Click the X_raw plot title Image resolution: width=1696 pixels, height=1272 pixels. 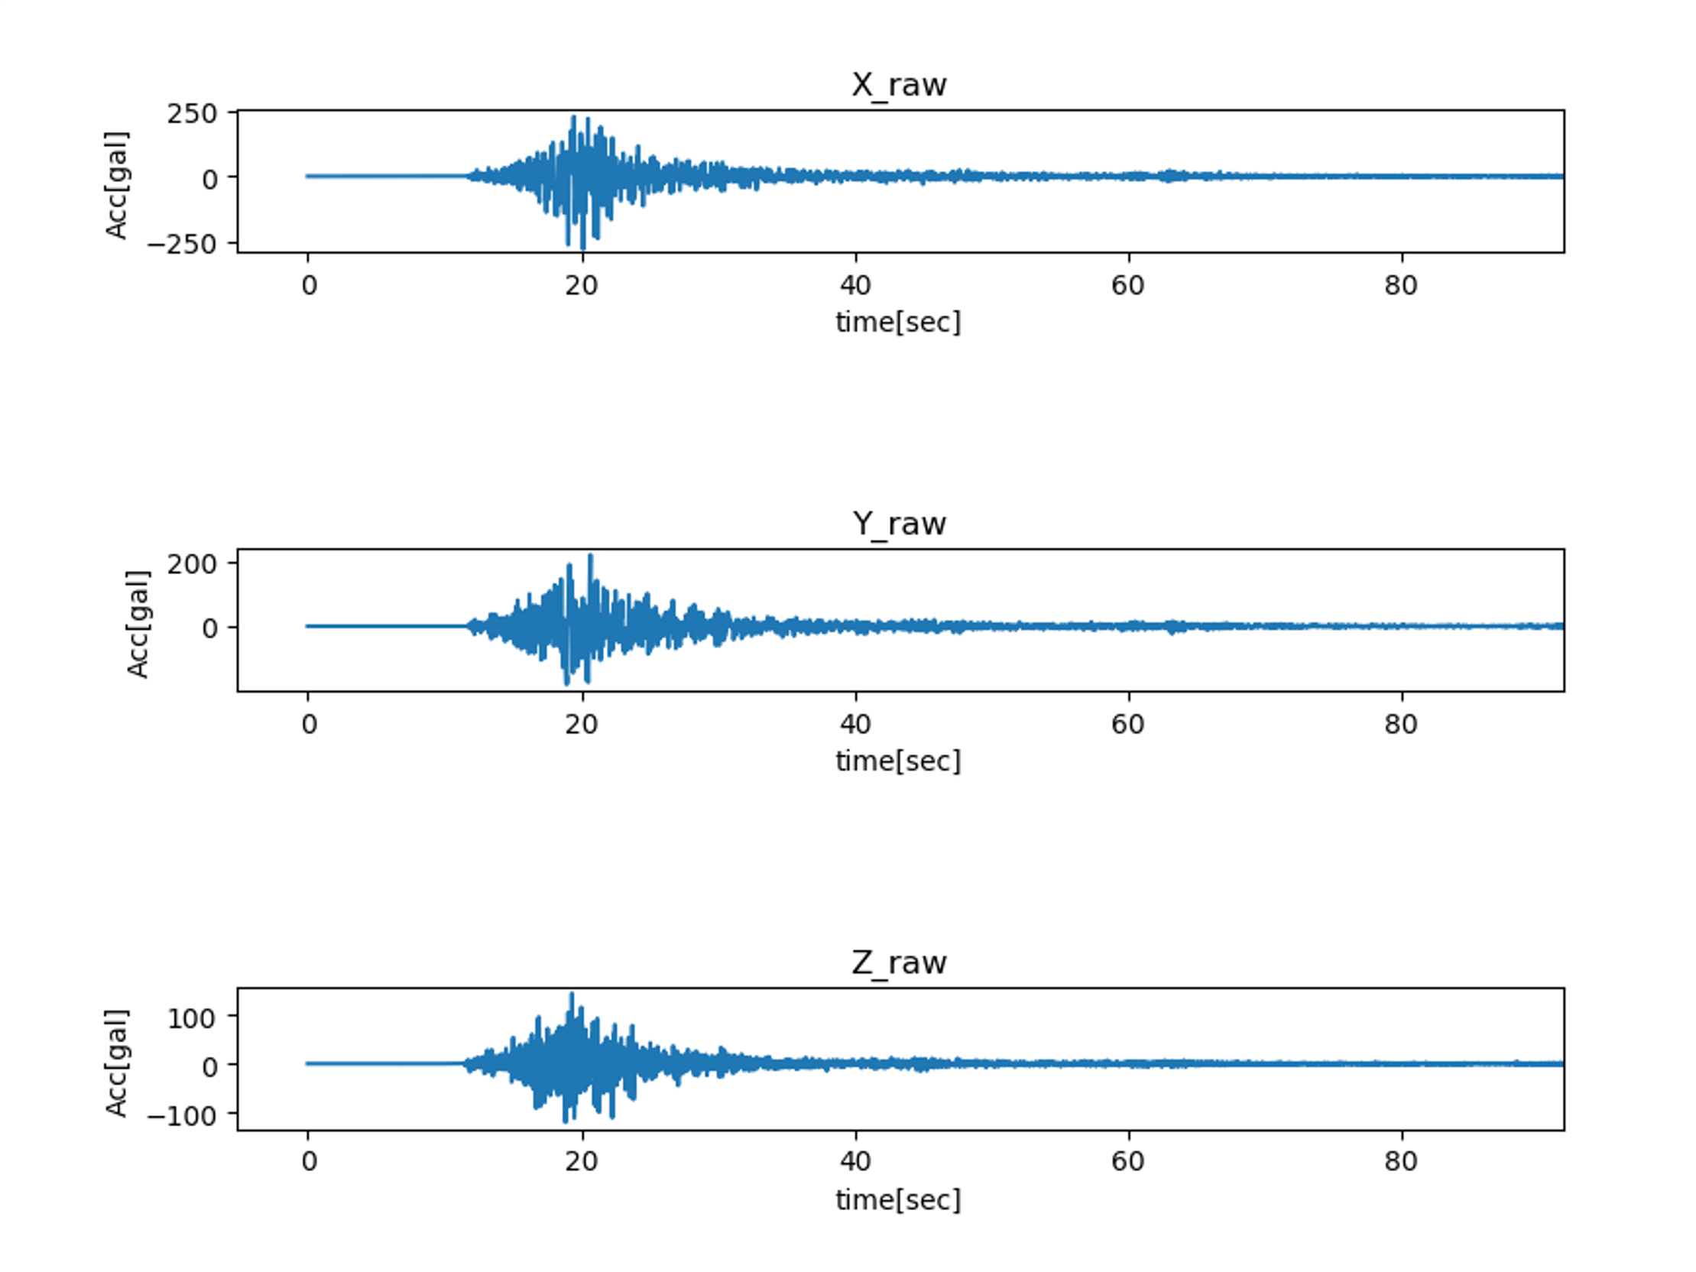[x=899, y=84]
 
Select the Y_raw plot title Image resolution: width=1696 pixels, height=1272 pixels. [x=899, y=524]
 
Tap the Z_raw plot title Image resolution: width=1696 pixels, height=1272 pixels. [x=899, y=962]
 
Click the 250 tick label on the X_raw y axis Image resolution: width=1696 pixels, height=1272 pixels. [x=192, y=113]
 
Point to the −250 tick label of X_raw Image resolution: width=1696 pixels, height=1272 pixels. [x=182, y=244]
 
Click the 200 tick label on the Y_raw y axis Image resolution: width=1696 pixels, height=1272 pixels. [x=192, y=563]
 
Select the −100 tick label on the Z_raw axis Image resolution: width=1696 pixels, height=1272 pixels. [x=182, y=1115]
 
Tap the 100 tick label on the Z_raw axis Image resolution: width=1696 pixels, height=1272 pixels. [x=192, y=1018]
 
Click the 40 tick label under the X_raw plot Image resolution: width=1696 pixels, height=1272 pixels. [x=855, y=285]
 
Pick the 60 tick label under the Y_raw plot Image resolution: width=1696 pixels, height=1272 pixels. [x=1128, y=724]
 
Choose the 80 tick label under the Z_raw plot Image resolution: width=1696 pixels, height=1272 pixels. [x=1401, y=1161]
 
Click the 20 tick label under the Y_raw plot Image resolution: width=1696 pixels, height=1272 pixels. [x=581, y=724]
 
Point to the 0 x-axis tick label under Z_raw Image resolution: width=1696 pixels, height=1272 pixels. [x=309, y=1161]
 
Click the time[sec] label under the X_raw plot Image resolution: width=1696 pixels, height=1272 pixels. [x=898, y=322]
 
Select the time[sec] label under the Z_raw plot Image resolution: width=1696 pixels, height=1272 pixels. [x=898, y=1199]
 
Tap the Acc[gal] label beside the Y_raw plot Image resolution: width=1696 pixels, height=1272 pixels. [x=138, y=624]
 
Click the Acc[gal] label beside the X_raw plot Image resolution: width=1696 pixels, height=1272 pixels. [x=116, y=186]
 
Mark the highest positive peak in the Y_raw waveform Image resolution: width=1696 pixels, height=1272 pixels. [x=590, y=556]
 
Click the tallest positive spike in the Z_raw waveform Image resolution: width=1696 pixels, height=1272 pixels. [x=572, y=995]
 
